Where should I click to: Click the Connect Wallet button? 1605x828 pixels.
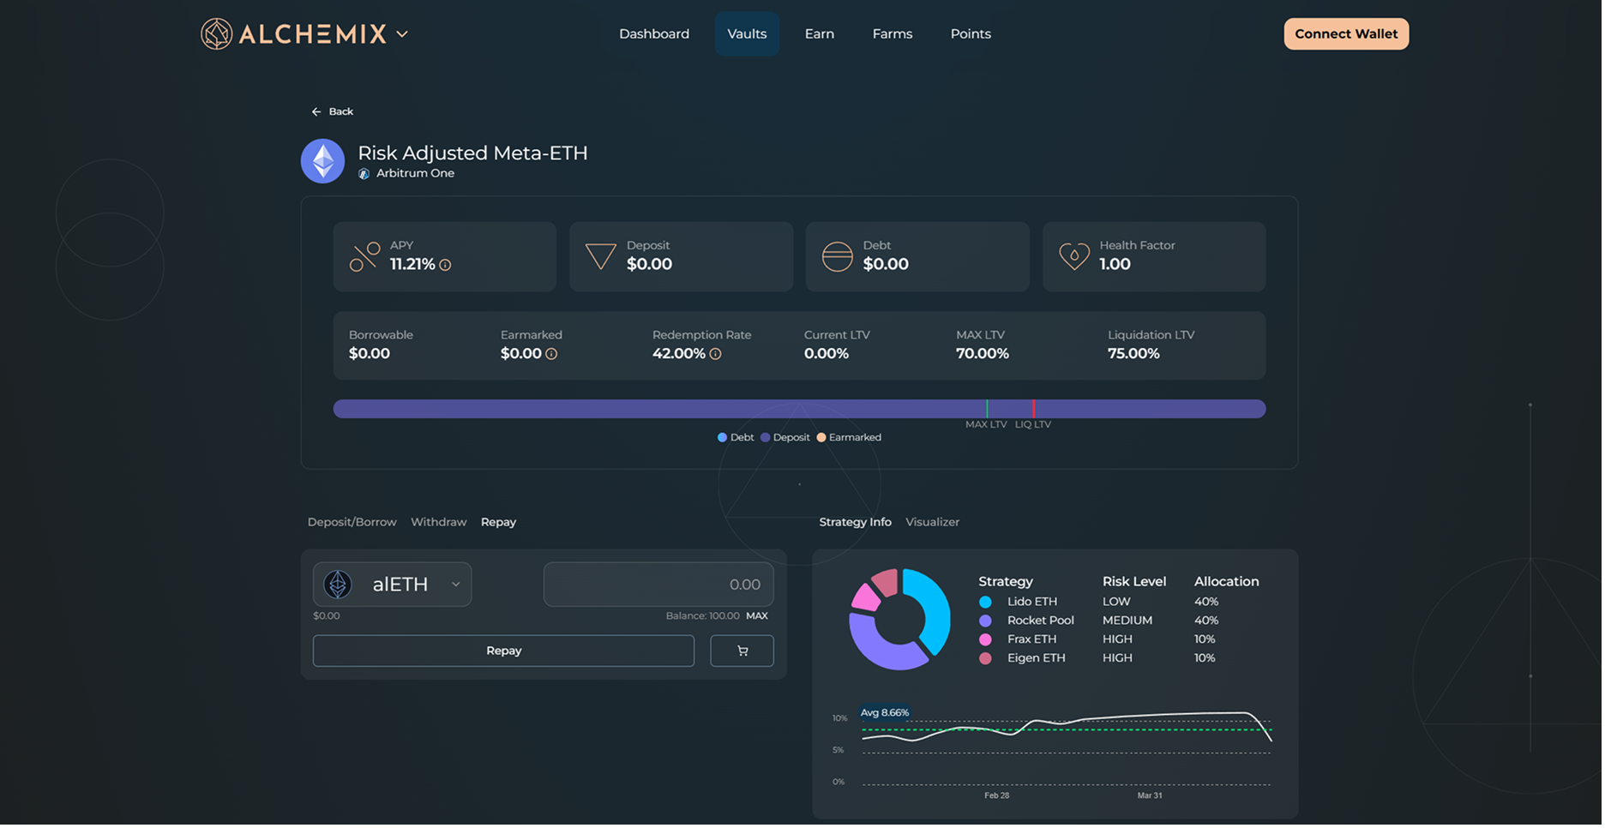[x=1345, y=34]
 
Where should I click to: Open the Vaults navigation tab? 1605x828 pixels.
[x=747, y=34]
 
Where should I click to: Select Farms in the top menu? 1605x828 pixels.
[x=892, y=34]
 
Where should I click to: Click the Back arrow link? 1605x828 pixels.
[x=332, y=111]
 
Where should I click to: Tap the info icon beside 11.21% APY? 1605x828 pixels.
[x=445, y=265]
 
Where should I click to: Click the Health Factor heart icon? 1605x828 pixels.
[x=1073, y=255]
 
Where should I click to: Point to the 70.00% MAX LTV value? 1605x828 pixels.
[x=982, y=353]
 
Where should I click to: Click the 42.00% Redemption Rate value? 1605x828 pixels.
[x=678, y=353]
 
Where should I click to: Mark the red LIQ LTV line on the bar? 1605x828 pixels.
[x=1033, y=409]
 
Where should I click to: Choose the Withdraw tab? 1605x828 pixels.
[x=438, y=522]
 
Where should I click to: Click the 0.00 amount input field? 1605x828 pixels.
[x=658, y=585]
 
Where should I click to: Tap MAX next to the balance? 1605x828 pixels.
[x=756, y=615]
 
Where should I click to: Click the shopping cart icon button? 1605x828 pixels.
[x=742, y=651]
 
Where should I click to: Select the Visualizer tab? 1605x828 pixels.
[x=932, y=522]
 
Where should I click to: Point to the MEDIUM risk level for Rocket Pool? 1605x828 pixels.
[x=1127, y=621]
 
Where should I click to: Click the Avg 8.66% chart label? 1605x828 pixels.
[x=884, y=712]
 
